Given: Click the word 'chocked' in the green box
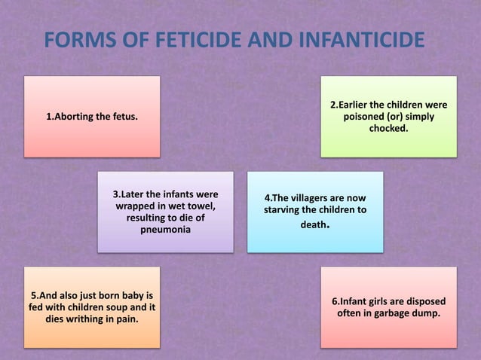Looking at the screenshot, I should point(388,130).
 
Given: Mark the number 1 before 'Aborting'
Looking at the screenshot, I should point(49,117).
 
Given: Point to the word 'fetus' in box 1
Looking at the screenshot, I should point(123,117).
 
